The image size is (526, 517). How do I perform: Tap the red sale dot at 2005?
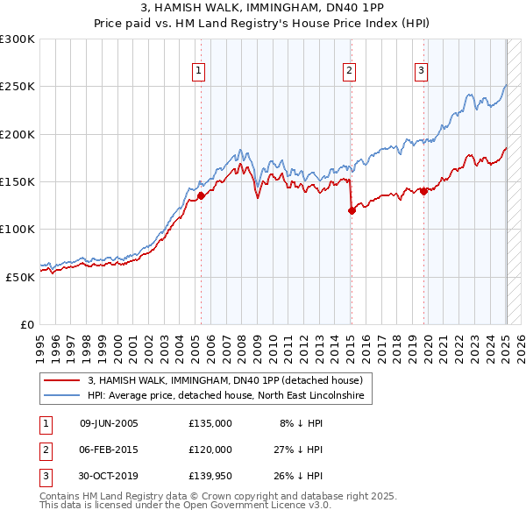(201, 196)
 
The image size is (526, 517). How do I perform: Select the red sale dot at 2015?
(352, 210)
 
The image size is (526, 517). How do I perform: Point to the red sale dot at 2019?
(424, 191)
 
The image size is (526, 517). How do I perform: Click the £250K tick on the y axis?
(18, 87)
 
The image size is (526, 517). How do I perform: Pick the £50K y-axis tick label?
(20, 277)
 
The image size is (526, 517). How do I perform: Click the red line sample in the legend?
(60, 381)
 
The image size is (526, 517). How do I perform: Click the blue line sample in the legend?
(60, 396)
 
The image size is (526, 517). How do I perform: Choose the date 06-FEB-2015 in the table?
(109, 450)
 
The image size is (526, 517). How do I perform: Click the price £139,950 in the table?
(210, 476)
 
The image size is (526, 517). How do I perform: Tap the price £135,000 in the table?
(210, 423)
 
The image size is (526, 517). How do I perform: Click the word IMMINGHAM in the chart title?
(292, 9)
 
